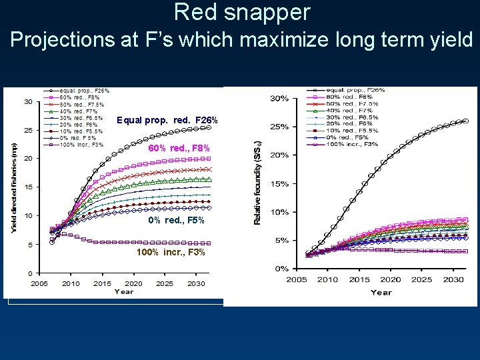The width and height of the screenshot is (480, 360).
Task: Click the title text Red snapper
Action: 242,12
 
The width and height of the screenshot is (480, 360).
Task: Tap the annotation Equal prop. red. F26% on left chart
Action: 167,121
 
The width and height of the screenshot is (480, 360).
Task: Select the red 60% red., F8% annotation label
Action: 179,148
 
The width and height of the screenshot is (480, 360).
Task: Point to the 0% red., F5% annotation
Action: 176,221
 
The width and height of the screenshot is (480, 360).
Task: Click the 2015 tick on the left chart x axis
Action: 102,283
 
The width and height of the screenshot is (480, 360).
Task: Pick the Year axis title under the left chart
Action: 123,291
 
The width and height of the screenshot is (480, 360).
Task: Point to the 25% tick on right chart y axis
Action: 279,127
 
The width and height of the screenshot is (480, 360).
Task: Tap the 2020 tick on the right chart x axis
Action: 391,280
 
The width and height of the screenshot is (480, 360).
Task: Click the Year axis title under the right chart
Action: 381,292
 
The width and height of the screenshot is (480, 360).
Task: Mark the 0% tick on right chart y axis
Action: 281,269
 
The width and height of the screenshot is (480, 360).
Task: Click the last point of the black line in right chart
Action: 465,121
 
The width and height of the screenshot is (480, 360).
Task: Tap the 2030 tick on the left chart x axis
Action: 197,283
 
